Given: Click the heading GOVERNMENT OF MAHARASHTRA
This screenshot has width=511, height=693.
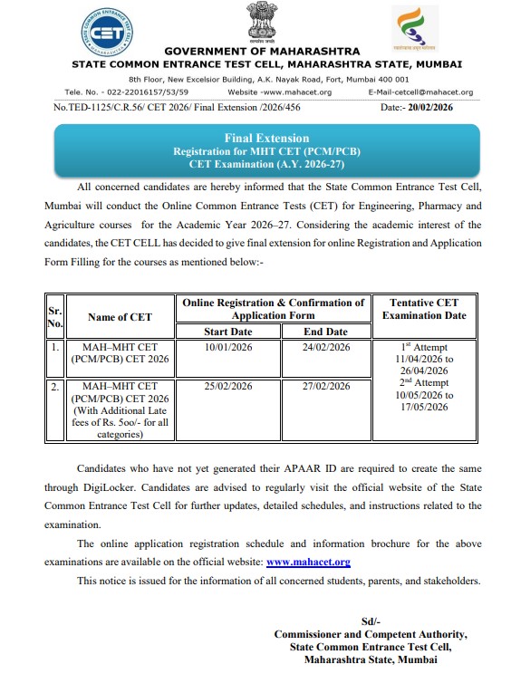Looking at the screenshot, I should coord(261,51).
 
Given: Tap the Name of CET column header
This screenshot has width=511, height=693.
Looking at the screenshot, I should coord(121,317).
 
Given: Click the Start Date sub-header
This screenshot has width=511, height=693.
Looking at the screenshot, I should coord(228,332).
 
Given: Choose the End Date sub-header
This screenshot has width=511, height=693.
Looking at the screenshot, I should coord(324,332).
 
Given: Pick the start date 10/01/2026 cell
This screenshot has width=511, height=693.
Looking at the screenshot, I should coord(228,348).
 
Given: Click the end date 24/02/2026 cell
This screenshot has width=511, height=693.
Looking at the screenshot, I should coord(324,348).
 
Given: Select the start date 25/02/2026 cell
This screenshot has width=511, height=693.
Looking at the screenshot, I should coord(228,387).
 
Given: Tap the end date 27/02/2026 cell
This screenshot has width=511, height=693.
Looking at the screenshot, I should coord(324,387).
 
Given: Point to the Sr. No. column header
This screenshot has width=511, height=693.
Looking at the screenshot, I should coord(54,317).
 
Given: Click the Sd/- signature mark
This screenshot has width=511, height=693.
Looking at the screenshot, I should coord(370,621).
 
